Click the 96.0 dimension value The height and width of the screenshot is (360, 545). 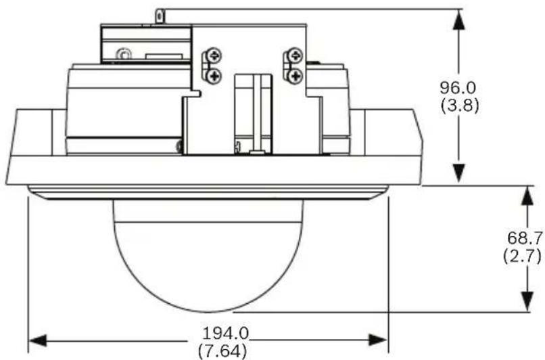(457, 88)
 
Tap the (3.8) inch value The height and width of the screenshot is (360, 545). (460, 105)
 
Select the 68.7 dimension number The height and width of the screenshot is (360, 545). (525, 238)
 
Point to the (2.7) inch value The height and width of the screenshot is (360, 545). (523, 256)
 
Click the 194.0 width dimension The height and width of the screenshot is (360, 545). (226, 334)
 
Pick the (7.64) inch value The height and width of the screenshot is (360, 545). (222, 351)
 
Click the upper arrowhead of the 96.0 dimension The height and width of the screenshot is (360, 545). (459, 20)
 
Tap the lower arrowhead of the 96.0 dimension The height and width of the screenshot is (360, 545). (459, 173)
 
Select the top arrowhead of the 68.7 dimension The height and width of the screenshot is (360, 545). (527, 196)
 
